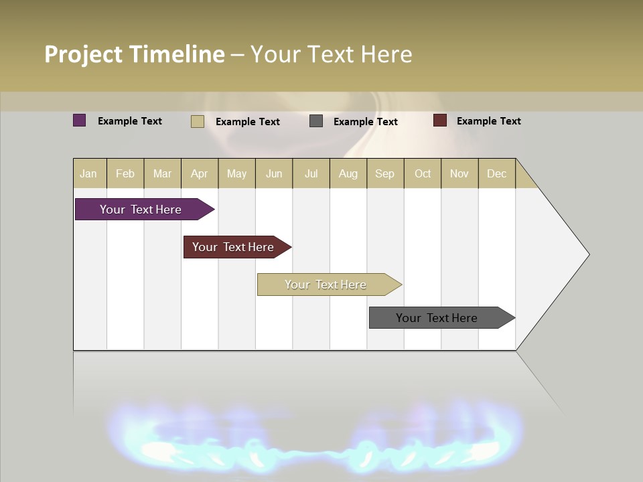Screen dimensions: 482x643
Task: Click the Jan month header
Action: click(x=89, y=173)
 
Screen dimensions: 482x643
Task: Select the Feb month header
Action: click(x=125, y=173)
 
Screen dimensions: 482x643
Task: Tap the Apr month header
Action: click(x=200, y=173)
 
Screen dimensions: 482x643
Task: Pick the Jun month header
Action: click(x=274, y=173)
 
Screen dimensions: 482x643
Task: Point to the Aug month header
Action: click(x=348, y=173)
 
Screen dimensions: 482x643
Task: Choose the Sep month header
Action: click(x=385, y=173)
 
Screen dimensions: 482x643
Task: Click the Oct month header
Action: click(x=423, y=173)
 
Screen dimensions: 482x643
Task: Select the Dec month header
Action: click(x=497, y=173)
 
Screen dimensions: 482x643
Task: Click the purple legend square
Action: click(x=80, y=120)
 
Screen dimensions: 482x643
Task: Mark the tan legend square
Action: click(x=198, y=121)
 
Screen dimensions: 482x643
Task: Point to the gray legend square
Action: click(x=316, y=121)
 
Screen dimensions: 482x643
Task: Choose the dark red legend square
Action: click(x=440, y=120)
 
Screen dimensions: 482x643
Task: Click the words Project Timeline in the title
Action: click(x=135, y=54)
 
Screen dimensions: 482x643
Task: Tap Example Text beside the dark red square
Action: click(x=489, y=121)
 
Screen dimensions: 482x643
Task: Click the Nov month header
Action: click(x=459, y=173)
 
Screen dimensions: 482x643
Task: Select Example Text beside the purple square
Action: click(x=130, y=121)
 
